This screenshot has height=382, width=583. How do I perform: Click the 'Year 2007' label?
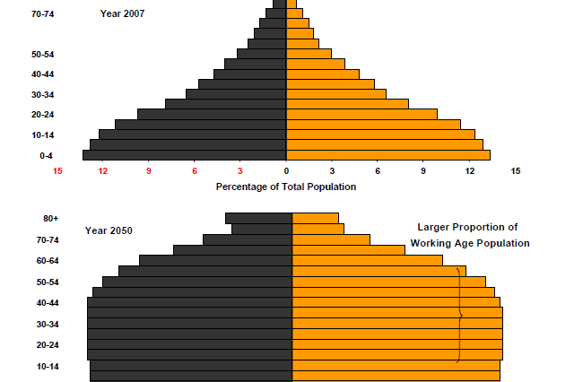click(x=122, y=13)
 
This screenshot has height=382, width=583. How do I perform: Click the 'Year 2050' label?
click(x=109, y=230)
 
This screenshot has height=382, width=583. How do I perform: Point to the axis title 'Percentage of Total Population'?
click(x=286, y=187)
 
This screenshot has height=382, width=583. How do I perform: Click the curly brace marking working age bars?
click(x=460, y=315)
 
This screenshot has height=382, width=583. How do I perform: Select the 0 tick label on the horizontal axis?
click(x=286, y=170)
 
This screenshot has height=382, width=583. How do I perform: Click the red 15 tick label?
click(x=57, y=170)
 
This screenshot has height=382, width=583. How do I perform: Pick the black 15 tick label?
click(x=515, y=170)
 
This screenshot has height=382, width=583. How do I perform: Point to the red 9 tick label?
click(x=149, y=170)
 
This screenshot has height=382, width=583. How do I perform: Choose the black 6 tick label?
click(x=378, y=170)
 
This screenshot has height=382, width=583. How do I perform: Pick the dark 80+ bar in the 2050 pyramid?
click(x=258, y=218)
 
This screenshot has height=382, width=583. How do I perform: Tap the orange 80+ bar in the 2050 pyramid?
click(x=316, y=218)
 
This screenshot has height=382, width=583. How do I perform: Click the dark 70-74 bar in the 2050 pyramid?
click(x=248, y=239)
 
